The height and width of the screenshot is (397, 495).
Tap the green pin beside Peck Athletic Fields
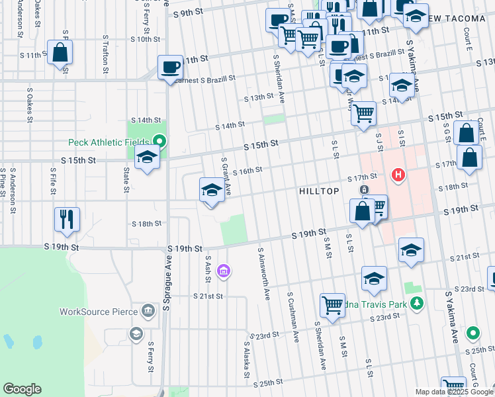[159, 141]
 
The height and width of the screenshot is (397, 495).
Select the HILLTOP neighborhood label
[319, 191]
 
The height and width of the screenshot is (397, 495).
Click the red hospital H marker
[398, 175]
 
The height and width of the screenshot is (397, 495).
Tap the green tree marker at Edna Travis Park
[416, 303]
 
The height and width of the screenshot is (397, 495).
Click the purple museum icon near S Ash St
[224, 270]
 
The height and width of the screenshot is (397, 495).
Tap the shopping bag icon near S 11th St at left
[60, 53]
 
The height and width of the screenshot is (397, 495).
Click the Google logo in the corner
[22, 389]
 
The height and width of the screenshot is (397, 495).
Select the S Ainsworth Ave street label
[264, 274]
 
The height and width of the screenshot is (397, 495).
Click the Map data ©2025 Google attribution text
[454, 392]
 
